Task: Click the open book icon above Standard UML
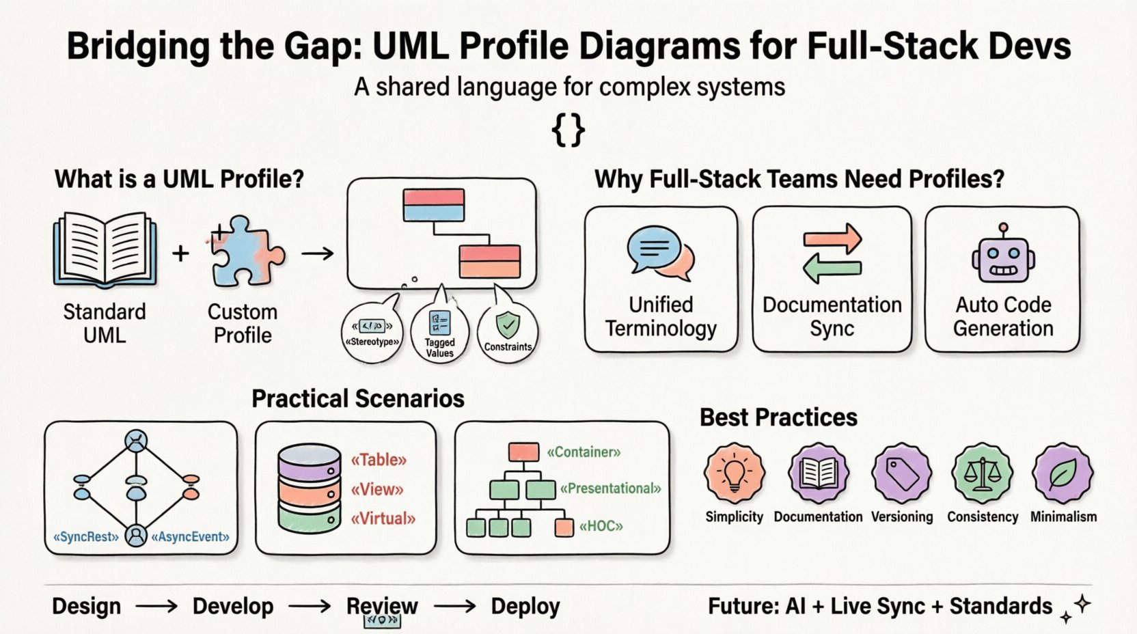coord(105,249)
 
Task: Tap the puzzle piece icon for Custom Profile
coord(245,251)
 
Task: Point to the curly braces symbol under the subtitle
coord(568,130)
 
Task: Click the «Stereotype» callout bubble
coord(372,333)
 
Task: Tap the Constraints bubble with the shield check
coord(507,334)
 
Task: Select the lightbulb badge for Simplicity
coord(734,473)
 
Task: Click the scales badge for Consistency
coord(982,473)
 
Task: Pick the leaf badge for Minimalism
coord(1063,473)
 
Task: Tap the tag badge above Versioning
coord(901,473)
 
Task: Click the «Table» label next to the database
coord(379,460)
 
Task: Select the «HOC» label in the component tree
coord(601,526)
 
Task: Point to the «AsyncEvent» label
coord(190,537)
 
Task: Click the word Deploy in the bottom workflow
coord(525,606)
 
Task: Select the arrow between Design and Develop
coord(156,606)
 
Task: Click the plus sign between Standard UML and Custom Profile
coord(180,253)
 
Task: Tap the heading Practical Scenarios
coord(358,398)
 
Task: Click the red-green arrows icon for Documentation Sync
coord(832,253)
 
